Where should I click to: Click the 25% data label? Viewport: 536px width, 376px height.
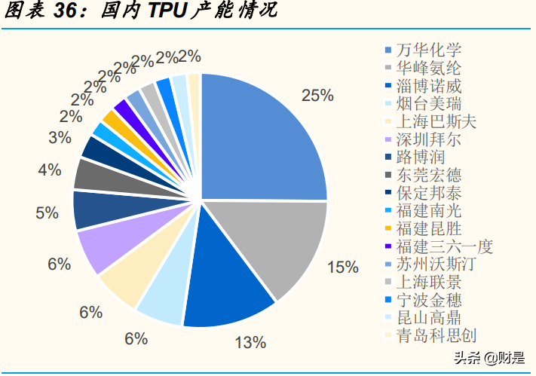(317, 96)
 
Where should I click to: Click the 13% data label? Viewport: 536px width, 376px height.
(250, 343)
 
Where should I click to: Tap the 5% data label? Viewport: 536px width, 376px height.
(47, 212)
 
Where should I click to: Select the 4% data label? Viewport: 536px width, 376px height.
(49, 170)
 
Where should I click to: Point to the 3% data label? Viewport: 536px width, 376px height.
(60, 138)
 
